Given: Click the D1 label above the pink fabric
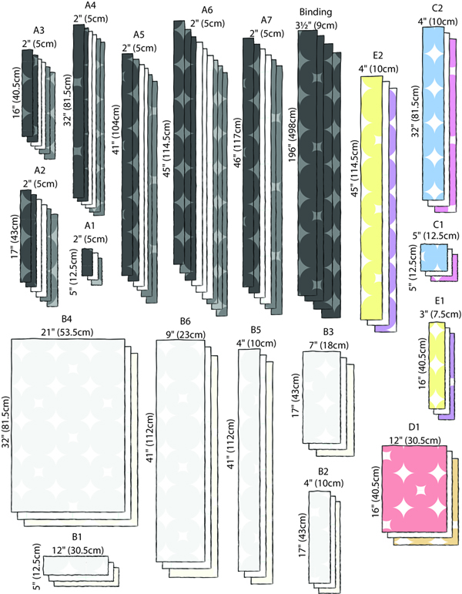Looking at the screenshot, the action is click(x=413, y=426).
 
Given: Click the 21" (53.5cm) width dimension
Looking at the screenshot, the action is click(x=68, y=331).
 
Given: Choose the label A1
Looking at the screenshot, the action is click(x=89, y=226).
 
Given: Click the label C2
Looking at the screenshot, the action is click(x=437, y=8).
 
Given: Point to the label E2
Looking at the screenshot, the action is click(x=377, y=55).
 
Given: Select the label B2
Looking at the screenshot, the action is click(x=323, y=471).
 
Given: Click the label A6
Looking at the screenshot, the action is click(x=206, y=9).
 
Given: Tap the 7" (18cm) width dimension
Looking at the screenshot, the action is click(x=327, y=344).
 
